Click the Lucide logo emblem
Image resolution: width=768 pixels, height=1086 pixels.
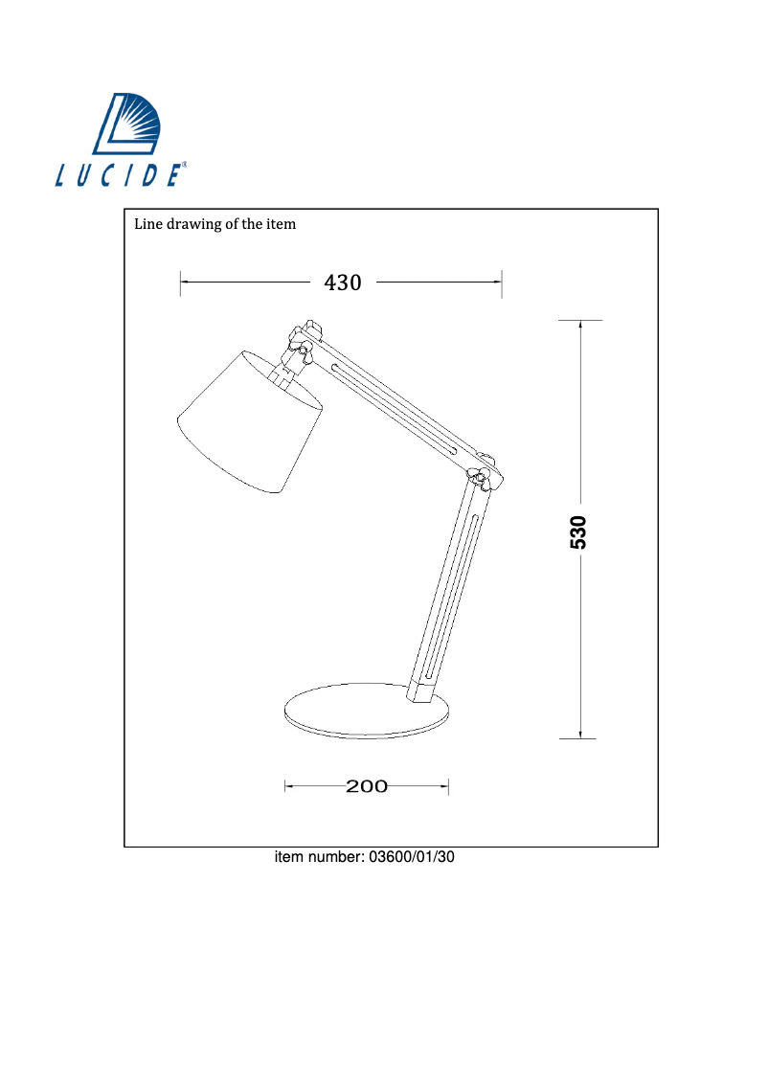126,124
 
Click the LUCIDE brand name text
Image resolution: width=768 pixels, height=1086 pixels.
119,176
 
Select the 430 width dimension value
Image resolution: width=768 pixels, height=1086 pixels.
343,283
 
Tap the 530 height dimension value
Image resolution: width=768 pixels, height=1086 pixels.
578,532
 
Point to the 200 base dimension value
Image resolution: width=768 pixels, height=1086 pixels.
367,787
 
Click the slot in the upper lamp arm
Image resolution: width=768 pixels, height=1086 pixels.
393,407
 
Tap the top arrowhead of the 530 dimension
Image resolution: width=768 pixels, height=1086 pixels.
580,324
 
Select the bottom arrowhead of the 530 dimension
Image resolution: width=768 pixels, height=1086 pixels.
580,735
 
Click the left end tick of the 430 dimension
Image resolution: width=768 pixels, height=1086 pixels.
181,283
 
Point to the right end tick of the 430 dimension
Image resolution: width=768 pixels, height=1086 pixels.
503,283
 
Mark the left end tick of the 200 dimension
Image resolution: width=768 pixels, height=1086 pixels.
286,787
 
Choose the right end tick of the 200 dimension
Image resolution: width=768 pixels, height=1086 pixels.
449,787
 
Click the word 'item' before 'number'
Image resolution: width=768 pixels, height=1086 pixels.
290,857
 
